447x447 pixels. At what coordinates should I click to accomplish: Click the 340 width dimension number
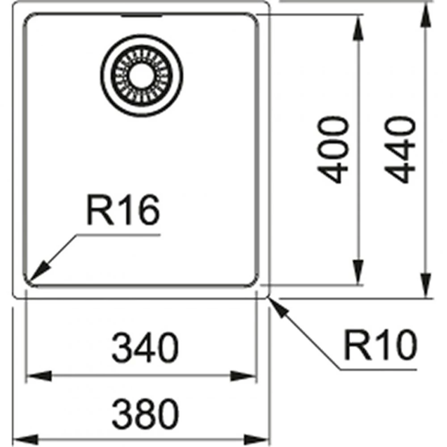145,347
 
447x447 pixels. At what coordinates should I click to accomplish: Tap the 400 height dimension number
333,149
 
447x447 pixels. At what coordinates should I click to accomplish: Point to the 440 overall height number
400,149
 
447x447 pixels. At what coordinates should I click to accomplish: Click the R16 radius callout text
123,210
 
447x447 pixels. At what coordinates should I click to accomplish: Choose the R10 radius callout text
380,345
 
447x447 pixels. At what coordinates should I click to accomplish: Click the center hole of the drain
142,76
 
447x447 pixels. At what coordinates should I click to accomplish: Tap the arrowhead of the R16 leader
38,271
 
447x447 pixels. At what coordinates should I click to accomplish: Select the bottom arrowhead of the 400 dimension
358,272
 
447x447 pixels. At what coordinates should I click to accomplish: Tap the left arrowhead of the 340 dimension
39,376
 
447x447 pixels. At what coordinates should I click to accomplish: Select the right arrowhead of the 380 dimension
257,439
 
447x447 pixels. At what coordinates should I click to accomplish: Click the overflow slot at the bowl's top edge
142,16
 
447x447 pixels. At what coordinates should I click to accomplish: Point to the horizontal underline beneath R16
118,235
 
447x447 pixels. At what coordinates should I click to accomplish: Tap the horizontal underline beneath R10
378,370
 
